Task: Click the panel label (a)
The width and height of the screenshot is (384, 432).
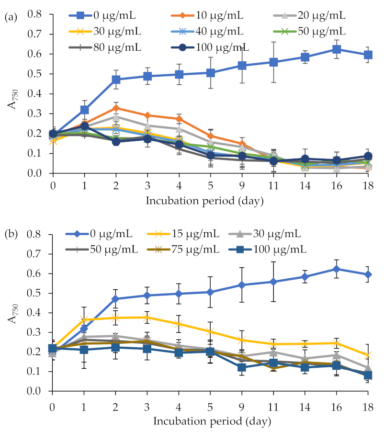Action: click(x=11, y=18)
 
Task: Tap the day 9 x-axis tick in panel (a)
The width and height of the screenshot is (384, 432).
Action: click(x=242, y=182)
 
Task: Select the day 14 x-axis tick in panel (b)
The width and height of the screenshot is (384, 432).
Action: click(x=305, y=401)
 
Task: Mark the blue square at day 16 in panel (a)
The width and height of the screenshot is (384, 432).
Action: click(x=337, y=49)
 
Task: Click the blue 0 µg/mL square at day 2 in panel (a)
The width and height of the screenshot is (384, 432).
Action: click(x=115, y=80)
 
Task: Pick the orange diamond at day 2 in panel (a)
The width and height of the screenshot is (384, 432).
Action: click(x=115, y=108)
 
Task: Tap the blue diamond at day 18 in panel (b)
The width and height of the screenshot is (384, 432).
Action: click(x=368, y=274)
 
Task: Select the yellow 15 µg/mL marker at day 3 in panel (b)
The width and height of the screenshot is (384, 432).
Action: click(x=147, y=317)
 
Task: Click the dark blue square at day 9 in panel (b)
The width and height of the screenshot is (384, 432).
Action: click(x=242, y=367)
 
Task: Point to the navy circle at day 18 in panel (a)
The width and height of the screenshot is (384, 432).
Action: click(x=368, y=156)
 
